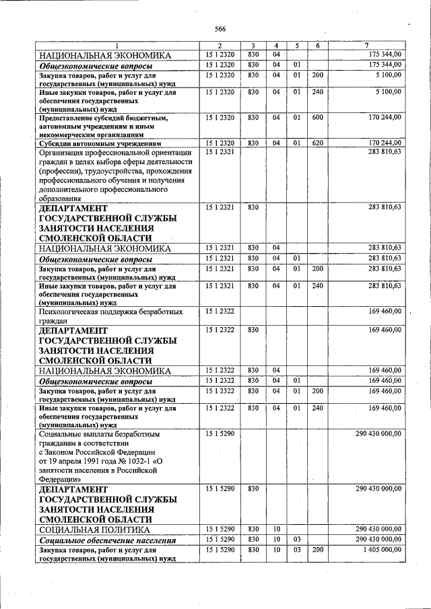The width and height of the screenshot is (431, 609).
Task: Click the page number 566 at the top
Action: pyautogui.click(x=220, y=28)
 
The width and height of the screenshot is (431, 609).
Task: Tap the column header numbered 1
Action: pyautogui.click(x=115, y=45)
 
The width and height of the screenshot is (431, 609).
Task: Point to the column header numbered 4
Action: pyautogui.click(x=276, y=45)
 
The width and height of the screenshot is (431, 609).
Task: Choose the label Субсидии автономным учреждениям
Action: pyautogui.click(x=100, y=143)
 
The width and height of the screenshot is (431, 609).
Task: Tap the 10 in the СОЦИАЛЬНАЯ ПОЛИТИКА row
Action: pyautogui.click(x=276, y=529)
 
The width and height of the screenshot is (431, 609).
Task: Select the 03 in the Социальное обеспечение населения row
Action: pyautogui.click(x=296, y=540)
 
